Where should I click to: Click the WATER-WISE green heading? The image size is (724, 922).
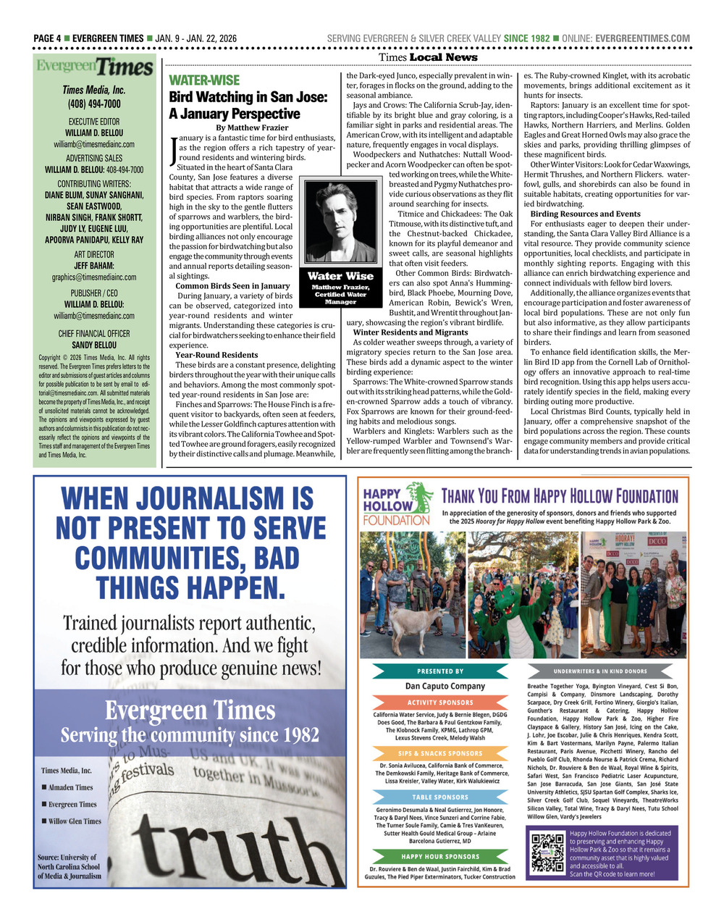pyautogui.click(x=204, y=80)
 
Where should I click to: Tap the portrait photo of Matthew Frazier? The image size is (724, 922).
pyautogui.click(x=340, y=222)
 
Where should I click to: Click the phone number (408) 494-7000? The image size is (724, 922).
pyautogui.click(x=94, y=104)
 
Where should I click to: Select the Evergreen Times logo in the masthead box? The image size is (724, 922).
pyautogui.click(x=95, y=68)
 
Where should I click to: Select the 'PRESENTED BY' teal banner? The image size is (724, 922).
pyautogui.click(x=440, y=671)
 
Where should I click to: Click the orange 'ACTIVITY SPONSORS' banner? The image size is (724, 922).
pyautogui.click(x=440, y=703)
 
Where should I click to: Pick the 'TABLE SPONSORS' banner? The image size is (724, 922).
pyautogui.click(x=440, y=797)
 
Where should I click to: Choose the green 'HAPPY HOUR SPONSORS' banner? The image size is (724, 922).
pyautogui.click(x=440, y=857)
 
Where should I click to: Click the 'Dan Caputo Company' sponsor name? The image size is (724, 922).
pyautogui.click(x=445, y=686)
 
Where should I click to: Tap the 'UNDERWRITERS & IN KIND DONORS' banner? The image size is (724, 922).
pyautogui.click(x=600, y=671)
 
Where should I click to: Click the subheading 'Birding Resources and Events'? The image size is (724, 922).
pyautogui.click(x=585, y=214)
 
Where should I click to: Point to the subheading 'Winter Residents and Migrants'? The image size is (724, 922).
pyautogui.click(x=411, y=332)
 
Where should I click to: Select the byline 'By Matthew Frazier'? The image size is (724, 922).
pyautogui.click(x=252, y=127)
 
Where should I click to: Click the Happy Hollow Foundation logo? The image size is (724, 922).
pyautogui.click(x=397, y=505)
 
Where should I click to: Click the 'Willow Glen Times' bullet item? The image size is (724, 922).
pyautogui.click(x=75, y=821)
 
